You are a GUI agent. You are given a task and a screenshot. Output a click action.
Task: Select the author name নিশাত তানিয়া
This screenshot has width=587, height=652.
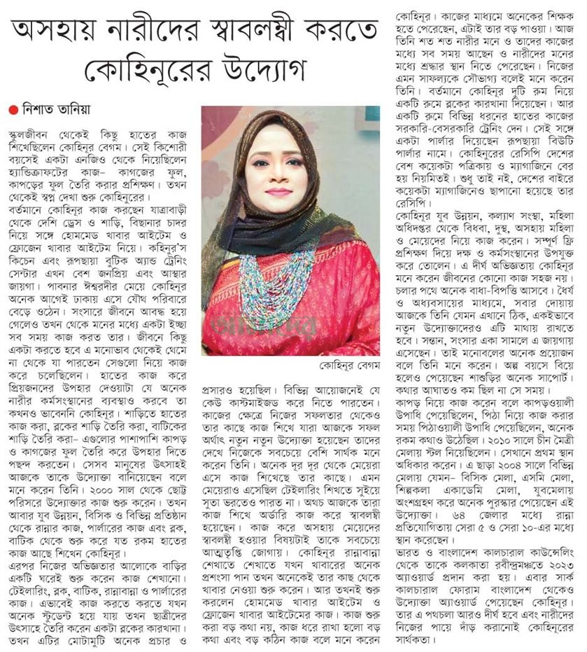click(48, 109)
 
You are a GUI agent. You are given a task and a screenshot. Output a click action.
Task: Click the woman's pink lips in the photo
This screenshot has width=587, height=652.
click(278, 191)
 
